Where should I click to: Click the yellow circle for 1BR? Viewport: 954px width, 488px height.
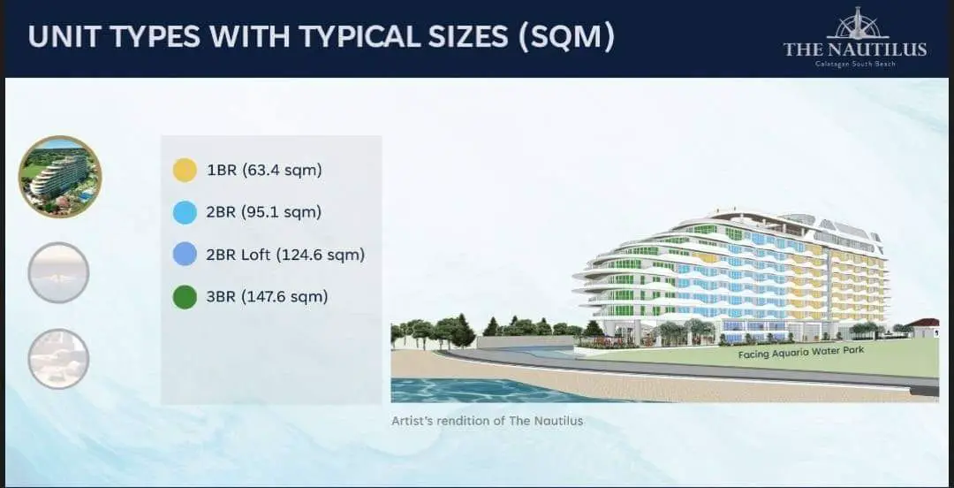click(x=185, y=170)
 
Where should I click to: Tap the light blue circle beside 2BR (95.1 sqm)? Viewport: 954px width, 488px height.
click(x=185, y=212)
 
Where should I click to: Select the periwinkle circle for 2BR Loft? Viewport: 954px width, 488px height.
click(x=185, y=254)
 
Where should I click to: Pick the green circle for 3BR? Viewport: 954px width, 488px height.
click(x=185, y=297)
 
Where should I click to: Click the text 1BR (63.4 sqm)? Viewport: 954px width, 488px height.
click(x=264, y=170)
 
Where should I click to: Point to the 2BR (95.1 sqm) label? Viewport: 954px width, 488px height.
click(x=264, y=212)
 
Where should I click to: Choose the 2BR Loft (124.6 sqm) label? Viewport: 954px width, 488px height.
click(x=285, y=254)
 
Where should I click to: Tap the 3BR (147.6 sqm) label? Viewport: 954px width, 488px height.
click(x=267, y=297)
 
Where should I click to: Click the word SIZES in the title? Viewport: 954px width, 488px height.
click(x=465, y=37)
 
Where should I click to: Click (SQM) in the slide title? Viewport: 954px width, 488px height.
click(x=566, y=37)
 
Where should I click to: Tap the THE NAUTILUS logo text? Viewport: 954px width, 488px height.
click(x=855, y=50)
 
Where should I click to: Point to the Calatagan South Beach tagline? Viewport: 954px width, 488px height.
click(x=855, y=64)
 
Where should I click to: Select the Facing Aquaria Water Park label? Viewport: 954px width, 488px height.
click(x=800, y=352)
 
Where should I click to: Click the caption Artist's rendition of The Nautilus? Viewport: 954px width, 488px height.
click(x=488, y=421)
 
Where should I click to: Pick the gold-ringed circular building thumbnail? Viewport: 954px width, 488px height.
click(x=60, y=177)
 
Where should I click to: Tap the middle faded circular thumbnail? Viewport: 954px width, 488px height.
click(x=58, y=272)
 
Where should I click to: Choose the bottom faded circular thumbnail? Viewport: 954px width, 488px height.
click(x=58, y=359)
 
